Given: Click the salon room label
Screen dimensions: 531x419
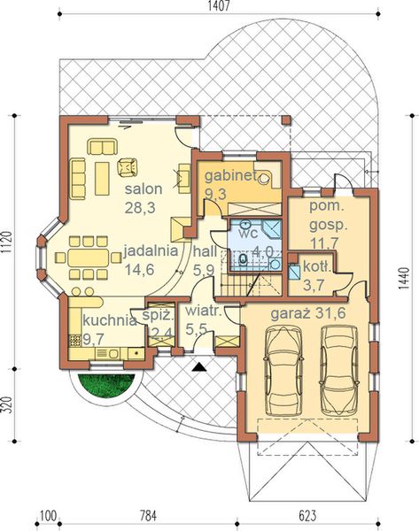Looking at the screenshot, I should click(x=142, y=190).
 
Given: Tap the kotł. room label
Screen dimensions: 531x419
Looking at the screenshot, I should click(x=316, y=266).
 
